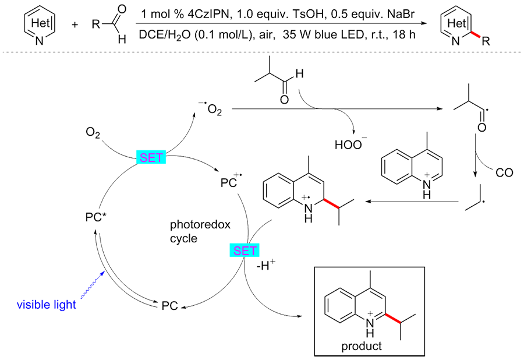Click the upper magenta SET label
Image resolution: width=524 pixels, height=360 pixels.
click(151, 157)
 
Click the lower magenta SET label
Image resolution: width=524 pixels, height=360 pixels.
click(245, 251)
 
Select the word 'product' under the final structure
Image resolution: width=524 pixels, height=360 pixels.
click(362, 346)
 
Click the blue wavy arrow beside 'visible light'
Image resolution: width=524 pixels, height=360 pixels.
click(93, 287)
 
